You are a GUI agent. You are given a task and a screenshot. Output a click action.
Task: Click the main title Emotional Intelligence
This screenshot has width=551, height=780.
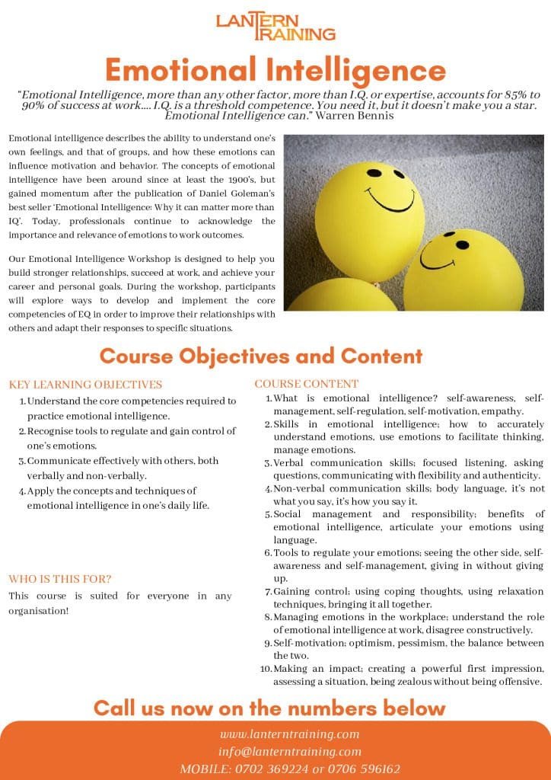pos(275,70)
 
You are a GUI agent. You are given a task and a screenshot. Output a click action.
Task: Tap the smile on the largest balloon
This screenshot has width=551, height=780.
pos(393,199)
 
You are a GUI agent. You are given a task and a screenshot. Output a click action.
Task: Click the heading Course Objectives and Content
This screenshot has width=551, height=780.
pos(260,356)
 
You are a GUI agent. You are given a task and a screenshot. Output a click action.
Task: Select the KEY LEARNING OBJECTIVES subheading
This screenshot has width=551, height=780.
pos(85,384)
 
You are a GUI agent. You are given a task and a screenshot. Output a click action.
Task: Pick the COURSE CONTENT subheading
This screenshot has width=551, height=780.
pos(307,383)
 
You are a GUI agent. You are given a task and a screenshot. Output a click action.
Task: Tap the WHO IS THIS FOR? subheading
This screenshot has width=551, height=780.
pos(60,578)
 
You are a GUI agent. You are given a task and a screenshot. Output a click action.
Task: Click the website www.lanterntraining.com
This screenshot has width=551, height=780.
pos(289,734)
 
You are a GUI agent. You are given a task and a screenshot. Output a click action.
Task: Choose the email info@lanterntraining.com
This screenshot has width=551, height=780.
pos(289,751)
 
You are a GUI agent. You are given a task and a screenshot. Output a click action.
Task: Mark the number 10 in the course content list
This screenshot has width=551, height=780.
pos(266,668)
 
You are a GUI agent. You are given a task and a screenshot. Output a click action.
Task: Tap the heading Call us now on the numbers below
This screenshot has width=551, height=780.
pos(269,708)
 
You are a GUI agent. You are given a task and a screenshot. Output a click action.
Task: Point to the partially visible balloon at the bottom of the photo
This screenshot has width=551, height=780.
pos(342,297)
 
